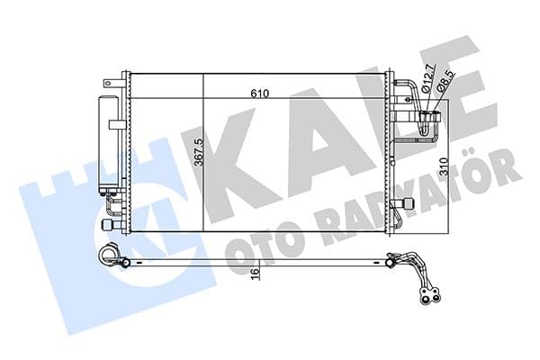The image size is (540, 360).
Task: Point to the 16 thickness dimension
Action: pyautogui.click(x=255, y=273)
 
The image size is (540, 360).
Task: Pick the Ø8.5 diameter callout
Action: pyautogui.click(x=444, y=79)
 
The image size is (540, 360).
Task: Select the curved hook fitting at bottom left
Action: pyautogui.click(x=110, y=256)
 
